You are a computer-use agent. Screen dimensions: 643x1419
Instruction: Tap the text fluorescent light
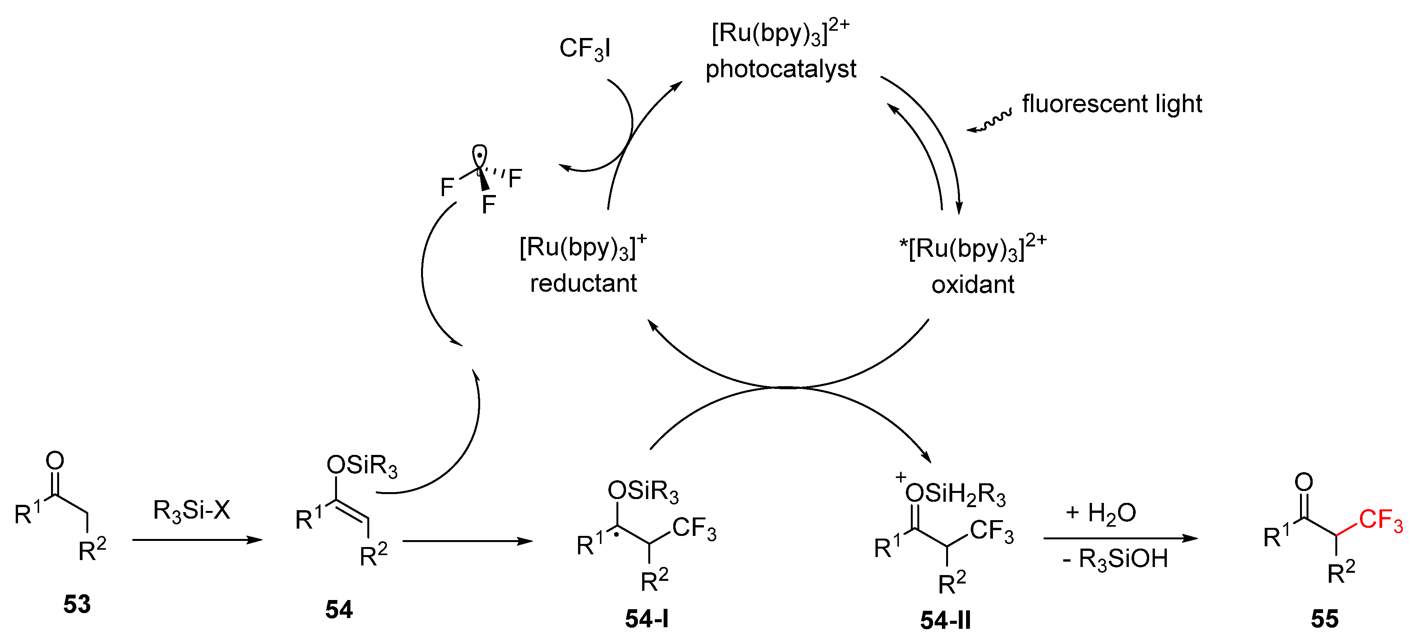tap(1112, 104)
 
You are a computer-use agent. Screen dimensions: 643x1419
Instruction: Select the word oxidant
tap(973, 285)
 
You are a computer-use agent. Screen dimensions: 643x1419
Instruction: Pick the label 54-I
tap(647, 619)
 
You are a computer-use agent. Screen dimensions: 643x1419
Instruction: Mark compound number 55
tap(1324, 619)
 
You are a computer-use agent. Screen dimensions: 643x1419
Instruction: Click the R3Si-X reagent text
tap(192, 510)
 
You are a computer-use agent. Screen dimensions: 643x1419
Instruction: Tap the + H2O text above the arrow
tap(1100, 513)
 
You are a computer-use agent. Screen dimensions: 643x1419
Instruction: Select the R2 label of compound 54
tap(373, 555)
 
